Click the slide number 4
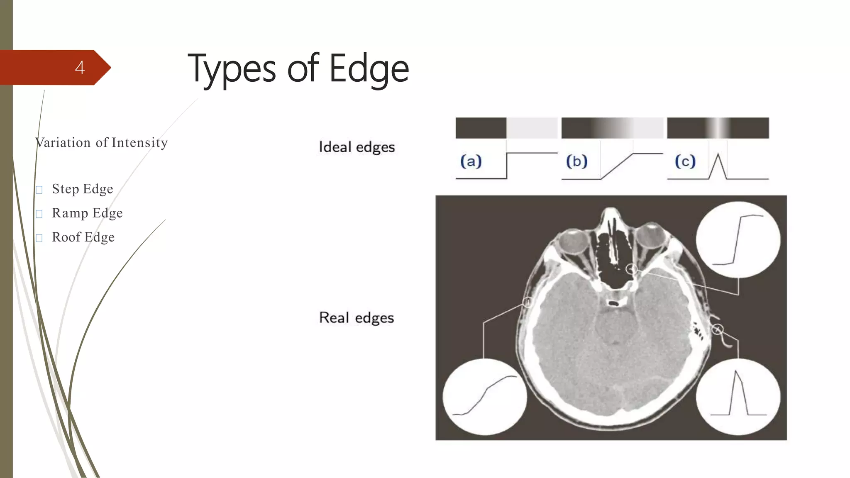coord(80,68)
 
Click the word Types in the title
coord(232,69)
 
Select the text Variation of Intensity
coord(102,142)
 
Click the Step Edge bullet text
coord(82,189)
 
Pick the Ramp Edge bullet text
coord(87,213)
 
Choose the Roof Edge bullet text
coord(83,237)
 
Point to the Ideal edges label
coord(357,147)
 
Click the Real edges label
coord(357,318)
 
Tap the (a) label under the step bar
coord(471,161)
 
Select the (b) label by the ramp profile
coord(577,161)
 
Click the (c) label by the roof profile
coord(685,161)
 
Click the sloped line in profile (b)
coord(617,166)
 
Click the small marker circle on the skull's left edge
coord(527,302)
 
